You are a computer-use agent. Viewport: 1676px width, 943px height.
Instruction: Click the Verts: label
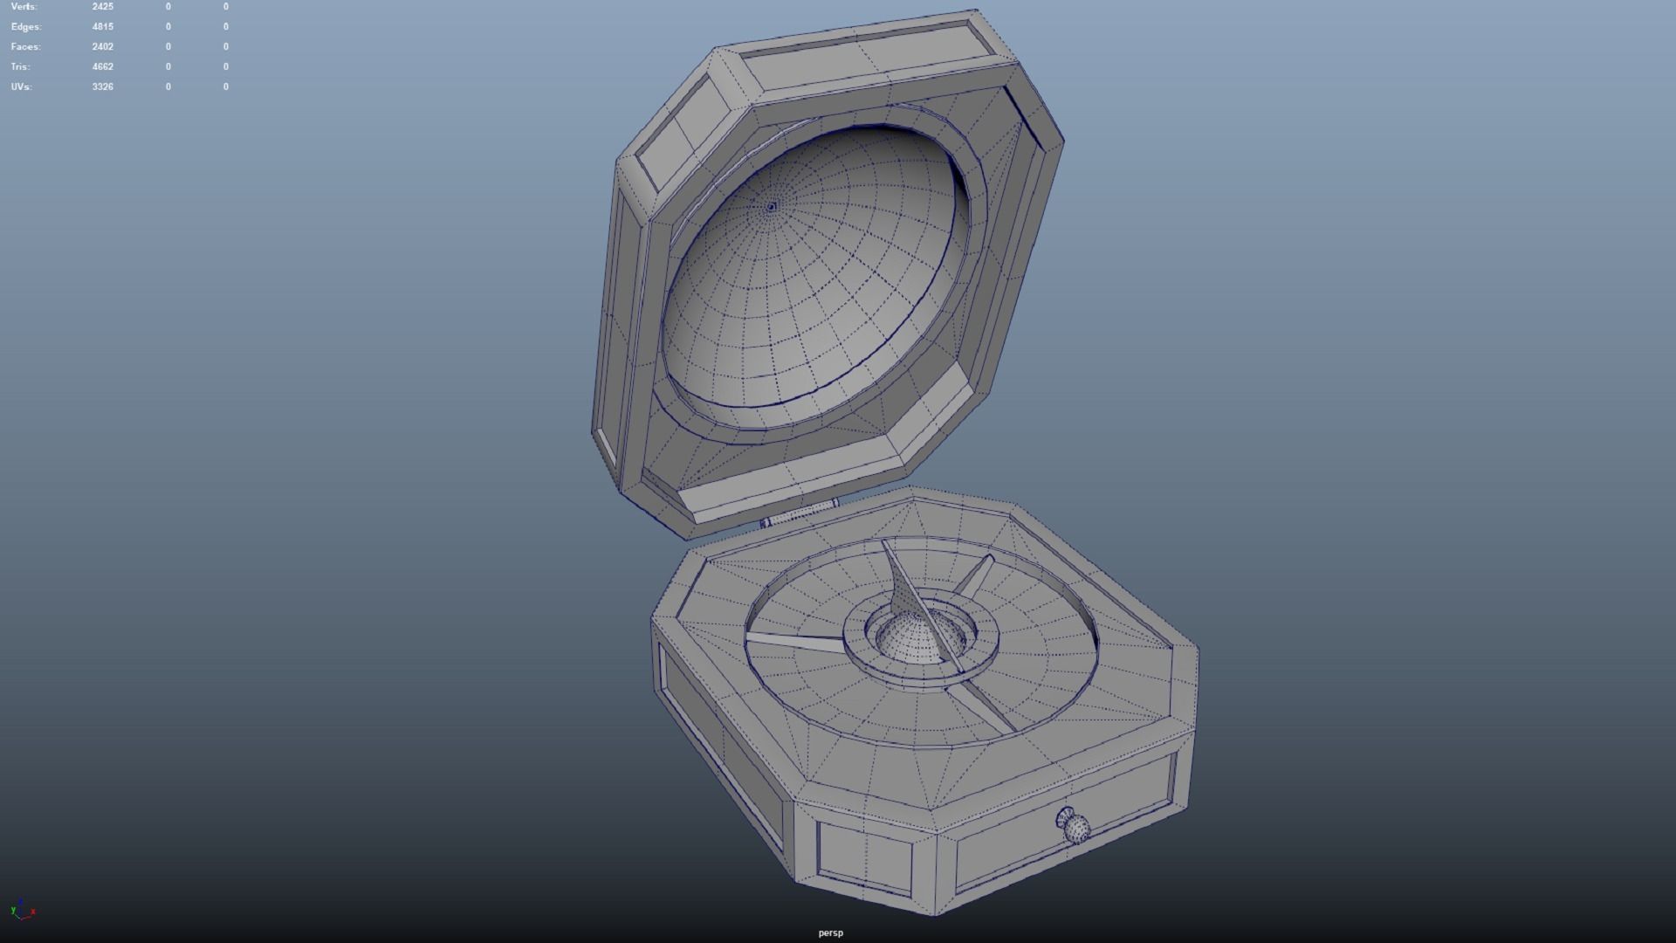[24, 6]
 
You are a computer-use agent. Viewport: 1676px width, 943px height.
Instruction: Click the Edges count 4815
[102, 26]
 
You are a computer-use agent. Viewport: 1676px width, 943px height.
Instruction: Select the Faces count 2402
[102, 46]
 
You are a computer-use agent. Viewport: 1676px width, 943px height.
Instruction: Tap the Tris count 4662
[102, 66]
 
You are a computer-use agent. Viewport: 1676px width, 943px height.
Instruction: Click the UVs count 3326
[102, 86]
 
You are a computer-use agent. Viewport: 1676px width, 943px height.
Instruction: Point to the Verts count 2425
[102, 6]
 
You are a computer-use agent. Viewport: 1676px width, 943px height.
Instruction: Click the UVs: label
[22, 86]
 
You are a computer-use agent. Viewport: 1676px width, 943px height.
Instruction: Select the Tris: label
[21, 66]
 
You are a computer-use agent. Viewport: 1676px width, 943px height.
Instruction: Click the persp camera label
[830, 933]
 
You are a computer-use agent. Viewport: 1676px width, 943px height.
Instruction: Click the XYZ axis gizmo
[23, 911]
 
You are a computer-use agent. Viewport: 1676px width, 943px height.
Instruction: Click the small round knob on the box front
[1075, 826]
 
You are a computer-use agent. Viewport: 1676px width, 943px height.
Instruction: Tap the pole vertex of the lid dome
[771, 207]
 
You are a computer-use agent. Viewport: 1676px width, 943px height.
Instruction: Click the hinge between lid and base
[800, 514]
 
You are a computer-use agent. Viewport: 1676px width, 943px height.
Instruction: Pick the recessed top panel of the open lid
[860, 60]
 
